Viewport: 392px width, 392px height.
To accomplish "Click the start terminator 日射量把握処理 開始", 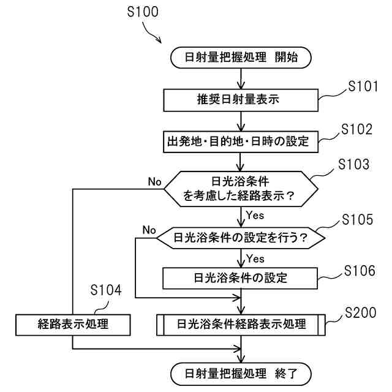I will coord(241,58).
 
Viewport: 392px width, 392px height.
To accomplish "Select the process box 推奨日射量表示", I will coord(241,98).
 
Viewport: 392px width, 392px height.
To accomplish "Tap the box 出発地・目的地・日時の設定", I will coord(241,141).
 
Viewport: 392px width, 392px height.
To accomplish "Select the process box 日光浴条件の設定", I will coord(241,277).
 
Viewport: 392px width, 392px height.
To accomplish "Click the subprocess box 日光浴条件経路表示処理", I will coord(241,324).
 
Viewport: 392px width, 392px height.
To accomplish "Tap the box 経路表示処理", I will coord(72,324).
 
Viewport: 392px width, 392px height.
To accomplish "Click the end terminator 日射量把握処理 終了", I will coord(241,372).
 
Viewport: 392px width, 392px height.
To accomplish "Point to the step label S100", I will coord(143,12).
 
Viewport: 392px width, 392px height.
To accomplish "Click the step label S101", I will coord(363,86).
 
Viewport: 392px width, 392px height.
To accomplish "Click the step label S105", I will coord(357,219).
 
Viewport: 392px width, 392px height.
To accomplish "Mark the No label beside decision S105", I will coord(149,230).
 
